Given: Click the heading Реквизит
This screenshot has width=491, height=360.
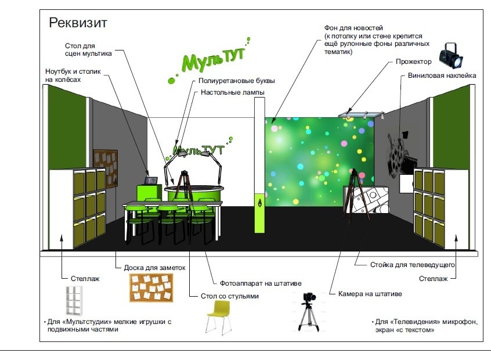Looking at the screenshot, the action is [78, 23].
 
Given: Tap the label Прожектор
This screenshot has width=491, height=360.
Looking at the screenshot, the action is [413, 62].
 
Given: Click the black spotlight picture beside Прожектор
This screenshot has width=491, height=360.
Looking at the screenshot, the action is [450, 55].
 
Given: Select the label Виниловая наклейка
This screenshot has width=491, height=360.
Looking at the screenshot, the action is [442, 75].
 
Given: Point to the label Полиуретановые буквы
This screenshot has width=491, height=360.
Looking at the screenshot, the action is [236, 81].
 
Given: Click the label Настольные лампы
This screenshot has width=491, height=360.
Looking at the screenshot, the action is [232, 92].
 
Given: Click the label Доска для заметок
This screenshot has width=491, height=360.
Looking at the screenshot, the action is [154, 268].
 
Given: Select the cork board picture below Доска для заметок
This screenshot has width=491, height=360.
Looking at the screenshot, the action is [151, 288].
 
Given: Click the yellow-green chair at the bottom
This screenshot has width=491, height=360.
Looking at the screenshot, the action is [219, 316].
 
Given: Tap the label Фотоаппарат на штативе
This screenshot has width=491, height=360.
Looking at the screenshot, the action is [261, 283].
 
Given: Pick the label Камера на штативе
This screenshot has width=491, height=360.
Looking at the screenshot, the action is [370, 294].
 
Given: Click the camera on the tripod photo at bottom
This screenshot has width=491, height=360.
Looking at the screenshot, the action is [308, 312].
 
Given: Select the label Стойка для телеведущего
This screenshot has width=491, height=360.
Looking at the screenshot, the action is [412, 265].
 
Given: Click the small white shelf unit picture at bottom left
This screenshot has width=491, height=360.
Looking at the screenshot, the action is [74, 300].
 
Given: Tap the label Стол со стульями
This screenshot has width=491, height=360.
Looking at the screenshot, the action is [229, 296].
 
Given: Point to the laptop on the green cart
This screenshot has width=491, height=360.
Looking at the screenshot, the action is [151, 181].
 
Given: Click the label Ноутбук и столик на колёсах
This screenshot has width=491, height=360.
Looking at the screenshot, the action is [73, 75].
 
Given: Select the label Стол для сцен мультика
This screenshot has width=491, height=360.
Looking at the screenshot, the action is [88, 49].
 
